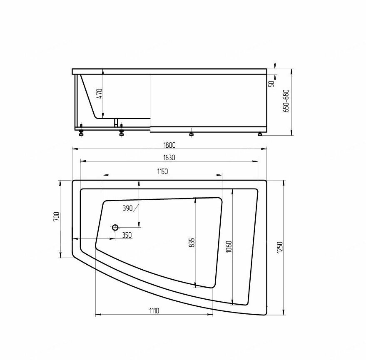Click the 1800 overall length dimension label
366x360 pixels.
pos(169,145)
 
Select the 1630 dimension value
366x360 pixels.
pos(169,158)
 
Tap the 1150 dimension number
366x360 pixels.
pos(162,171)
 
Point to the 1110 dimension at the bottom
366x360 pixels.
pos(154,311)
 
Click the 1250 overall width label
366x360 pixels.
pos(280,248)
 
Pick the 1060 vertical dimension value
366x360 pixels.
pos(229,246)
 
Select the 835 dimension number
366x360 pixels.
pos(192,243)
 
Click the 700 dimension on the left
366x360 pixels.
pos(57,217)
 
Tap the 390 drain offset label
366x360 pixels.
pos(128,208)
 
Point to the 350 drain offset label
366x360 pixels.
pos(127,235)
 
